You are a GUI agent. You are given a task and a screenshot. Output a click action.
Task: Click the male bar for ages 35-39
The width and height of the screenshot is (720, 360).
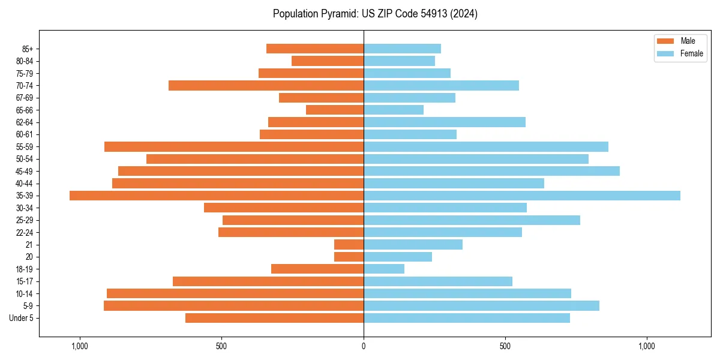click(217, 196)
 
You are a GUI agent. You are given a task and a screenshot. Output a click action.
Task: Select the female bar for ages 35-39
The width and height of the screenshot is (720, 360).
click(522, 196)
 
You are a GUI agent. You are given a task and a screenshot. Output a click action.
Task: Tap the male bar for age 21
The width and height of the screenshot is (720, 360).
click(349, 245)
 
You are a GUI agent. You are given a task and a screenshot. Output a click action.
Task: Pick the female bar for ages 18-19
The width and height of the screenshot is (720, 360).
click(384, 269)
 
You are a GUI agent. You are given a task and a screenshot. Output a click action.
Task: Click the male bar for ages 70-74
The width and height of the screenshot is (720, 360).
click(266, 85)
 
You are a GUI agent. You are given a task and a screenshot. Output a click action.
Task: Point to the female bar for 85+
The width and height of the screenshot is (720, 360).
click(402, 49)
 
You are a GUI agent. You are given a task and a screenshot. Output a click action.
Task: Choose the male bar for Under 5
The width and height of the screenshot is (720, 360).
click(274, 318)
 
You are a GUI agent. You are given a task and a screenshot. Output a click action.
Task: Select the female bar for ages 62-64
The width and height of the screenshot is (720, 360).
click(445, 122)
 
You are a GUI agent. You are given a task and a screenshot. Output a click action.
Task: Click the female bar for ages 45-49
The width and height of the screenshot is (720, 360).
click(491, 171)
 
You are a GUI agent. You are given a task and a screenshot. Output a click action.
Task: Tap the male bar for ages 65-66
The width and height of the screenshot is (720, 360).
click(335, 110)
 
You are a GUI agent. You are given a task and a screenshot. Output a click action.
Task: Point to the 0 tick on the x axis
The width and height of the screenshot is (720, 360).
click(364, 346)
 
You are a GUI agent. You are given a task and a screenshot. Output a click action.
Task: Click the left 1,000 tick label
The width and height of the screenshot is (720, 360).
click(80, 346)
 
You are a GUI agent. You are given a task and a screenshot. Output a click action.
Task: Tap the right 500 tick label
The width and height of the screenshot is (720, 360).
click(505, 346)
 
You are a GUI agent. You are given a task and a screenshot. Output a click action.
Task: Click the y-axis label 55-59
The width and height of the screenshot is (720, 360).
click(25, 147)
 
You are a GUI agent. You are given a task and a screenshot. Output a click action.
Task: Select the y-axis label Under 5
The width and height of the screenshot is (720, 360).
click(22, 318)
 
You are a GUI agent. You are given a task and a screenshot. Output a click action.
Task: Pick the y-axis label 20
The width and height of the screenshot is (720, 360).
click(29, 257)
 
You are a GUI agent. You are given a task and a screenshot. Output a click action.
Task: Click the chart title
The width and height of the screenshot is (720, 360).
click(375, 14)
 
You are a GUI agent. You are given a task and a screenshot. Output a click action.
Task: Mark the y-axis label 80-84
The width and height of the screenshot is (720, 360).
click(25, 61)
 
